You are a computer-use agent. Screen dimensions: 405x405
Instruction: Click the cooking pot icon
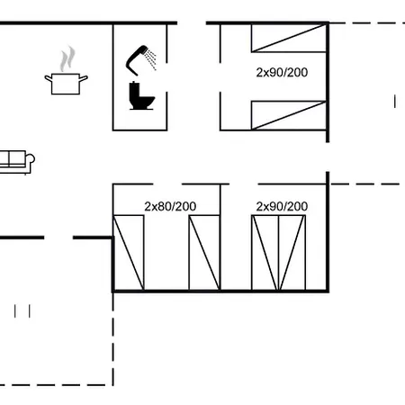(66, 84)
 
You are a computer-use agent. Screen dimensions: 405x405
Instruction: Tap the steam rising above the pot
(67, 59)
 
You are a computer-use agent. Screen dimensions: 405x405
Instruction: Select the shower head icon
(141, 60)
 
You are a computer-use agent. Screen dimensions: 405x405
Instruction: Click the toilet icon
(141, 95)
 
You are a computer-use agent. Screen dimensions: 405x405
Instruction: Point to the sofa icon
(16, 162)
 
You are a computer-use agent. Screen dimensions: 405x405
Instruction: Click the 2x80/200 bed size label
(170, 206)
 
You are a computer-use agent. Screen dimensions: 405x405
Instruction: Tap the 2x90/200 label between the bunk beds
(282, 72)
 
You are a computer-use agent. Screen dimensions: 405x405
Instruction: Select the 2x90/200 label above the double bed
(282, 206)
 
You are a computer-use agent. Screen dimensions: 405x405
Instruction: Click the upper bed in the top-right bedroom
(289, 39)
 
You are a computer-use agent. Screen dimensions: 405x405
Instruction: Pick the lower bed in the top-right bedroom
(289, 115)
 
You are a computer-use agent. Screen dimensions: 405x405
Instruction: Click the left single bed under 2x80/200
(129, 253)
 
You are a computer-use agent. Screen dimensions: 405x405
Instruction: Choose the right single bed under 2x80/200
(204, 253)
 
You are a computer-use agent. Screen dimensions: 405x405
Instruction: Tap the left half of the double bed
(265, 253)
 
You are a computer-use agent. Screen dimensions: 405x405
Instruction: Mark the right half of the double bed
(292, 253)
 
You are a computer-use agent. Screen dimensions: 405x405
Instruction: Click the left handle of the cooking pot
(49, 78)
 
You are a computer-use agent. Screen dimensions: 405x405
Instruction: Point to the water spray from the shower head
(151, 59)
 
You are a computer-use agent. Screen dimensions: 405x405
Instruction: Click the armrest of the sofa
(30, 158)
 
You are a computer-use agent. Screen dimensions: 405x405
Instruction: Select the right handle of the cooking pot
(84, 78)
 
